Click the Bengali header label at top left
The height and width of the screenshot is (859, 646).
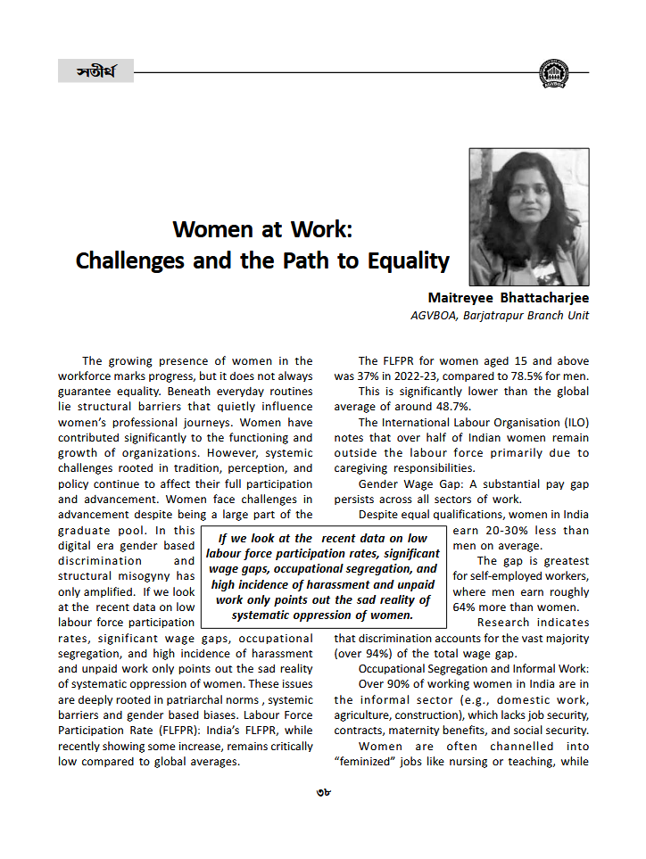point(95,70)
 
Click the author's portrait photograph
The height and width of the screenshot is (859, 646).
point(528,217)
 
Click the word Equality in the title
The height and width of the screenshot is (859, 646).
point(406,260)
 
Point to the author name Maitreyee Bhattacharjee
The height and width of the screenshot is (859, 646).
point(509,298)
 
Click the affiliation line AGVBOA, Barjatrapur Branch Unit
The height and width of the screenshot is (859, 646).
point(499,315)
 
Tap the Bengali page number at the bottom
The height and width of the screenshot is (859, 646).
point(323,791)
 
